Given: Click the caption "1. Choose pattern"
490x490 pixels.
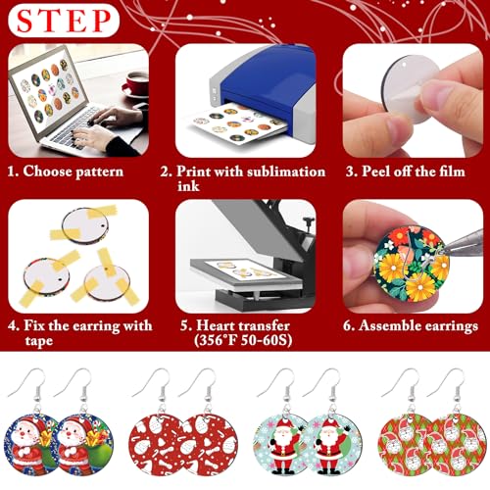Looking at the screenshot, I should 66,171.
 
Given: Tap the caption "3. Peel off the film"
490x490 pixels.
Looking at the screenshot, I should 404,171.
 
